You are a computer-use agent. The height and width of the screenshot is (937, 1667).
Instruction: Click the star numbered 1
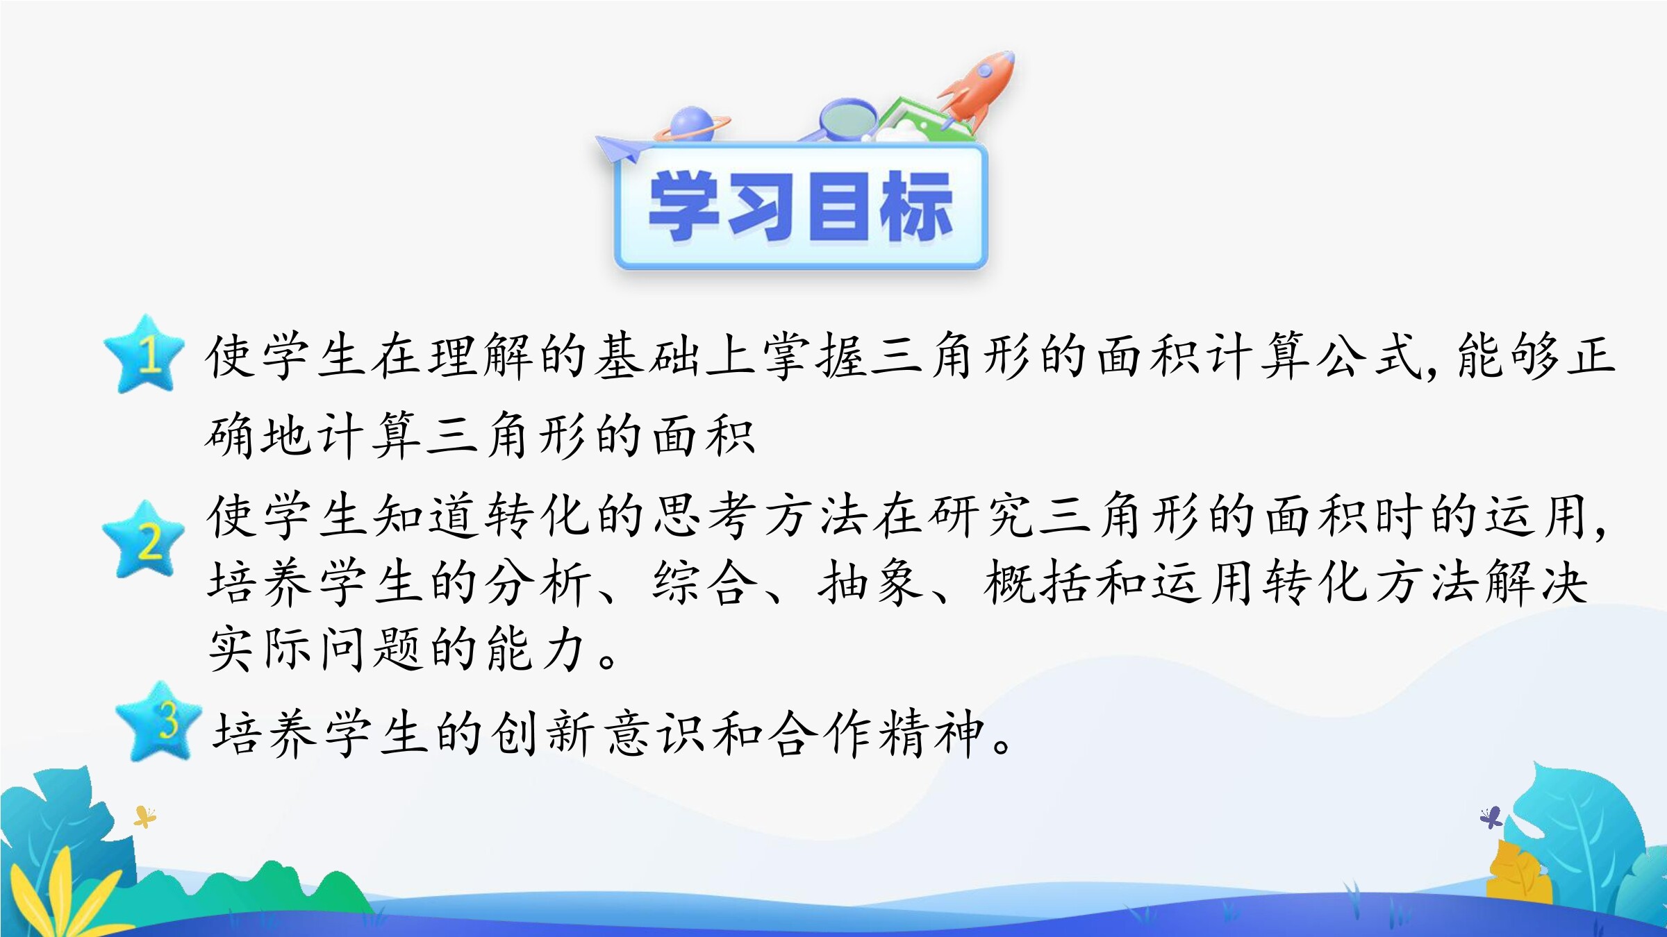pos(144,355)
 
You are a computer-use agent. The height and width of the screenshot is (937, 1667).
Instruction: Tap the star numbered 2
pos(144,540)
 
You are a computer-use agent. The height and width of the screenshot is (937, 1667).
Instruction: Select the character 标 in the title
pos(915,206)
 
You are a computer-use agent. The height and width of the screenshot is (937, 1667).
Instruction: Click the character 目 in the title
pos(839,206)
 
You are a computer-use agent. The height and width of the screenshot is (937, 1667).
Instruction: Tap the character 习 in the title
pos(761,206)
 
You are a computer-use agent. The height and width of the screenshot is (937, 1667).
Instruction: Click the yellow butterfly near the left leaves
pos(144,817)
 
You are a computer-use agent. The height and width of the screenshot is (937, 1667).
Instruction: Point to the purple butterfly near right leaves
pos(1491,818)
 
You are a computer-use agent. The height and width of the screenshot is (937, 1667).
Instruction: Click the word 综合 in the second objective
pos(704,582)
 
